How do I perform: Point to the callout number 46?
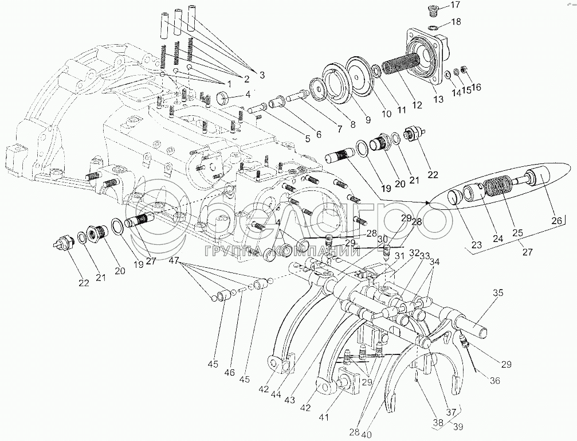coord(230,373)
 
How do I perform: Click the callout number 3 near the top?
coord(262,74)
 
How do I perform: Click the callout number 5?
coord(308,138)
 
